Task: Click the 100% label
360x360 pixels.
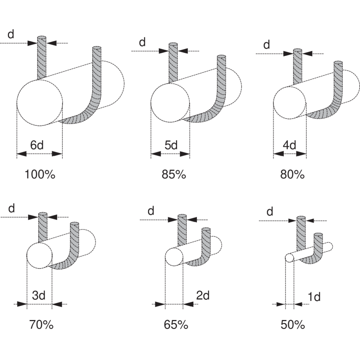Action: click(40, 175)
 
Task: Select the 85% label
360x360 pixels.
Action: click(174, 175)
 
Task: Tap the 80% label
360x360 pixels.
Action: click(292, 175)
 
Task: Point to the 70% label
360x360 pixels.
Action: click(41, 325)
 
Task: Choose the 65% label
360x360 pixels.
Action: click(176, 325)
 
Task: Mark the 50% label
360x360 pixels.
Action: click(293, 325)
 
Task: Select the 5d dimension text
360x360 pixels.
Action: click(171, 145)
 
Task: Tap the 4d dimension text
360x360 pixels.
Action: click(289, 145)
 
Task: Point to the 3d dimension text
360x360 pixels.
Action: click(39, 296)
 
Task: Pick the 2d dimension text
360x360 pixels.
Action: click(203, 296)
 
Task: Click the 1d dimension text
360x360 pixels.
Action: click(314, 297)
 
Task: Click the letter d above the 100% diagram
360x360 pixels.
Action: click(11, 35)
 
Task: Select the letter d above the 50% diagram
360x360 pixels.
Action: click(270, 212)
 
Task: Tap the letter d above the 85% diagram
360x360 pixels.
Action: click(143, 42)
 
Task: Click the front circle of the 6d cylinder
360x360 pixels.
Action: click(40, 103)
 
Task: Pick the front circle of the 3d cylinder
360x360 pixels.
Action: click(40, 255)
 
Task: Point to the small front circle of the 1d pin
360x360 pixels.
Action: click(289, 258)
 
